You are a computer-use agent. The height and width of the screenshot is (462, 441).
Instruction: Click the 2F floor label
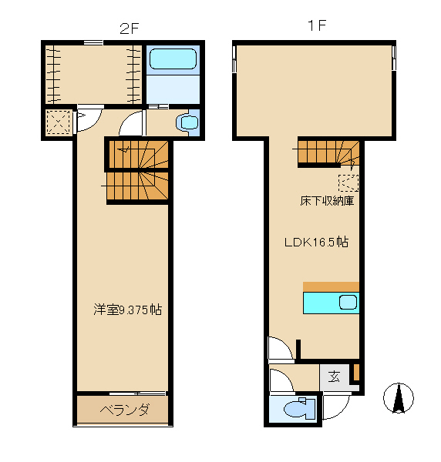[129, 28]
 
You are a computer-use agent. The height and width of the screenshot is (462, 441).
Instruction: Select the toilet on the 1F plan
[295, 410]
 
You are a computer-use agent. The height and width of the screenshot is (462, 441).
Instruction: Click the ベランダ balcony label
[123, 409]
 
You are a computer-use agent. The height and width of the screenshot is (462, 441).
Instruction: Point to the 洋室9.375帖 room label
[127, 310]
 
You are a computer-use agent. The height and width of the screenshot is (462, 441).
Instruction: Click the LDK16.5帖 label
[316, 242]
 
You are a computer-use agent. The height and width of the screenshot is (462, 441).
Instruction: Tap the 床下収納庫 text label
[326, 202]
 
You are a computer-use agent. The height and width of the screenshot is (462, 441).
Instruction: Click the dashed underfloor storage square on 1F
[348, 182]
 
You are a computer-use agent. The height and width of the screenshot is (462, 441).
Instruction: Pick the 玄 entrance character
[334, 377]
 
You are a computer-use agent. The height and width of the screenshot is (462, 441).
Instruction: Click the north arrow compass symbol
[399, 398]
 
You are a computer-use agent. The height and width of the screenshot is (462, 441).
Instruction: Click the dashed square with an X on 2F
[58, 122]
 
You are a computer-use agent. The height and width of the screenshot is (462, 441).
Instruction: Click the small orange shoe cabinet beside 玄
[355, 373]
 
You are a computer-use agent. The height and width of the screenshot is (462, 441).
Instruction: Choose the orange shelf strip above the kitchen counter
[331, 286]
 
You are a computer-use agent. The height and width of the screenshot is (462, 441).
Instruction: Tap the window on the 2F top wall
[93, 42]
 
